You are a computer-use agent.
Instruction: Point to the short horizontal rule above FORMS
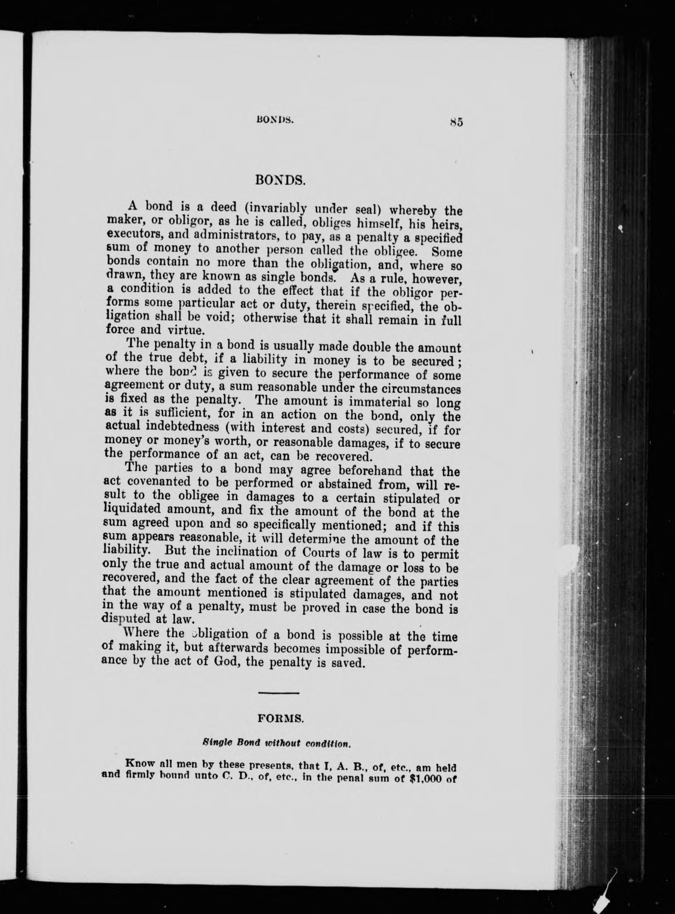[278, 705]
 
